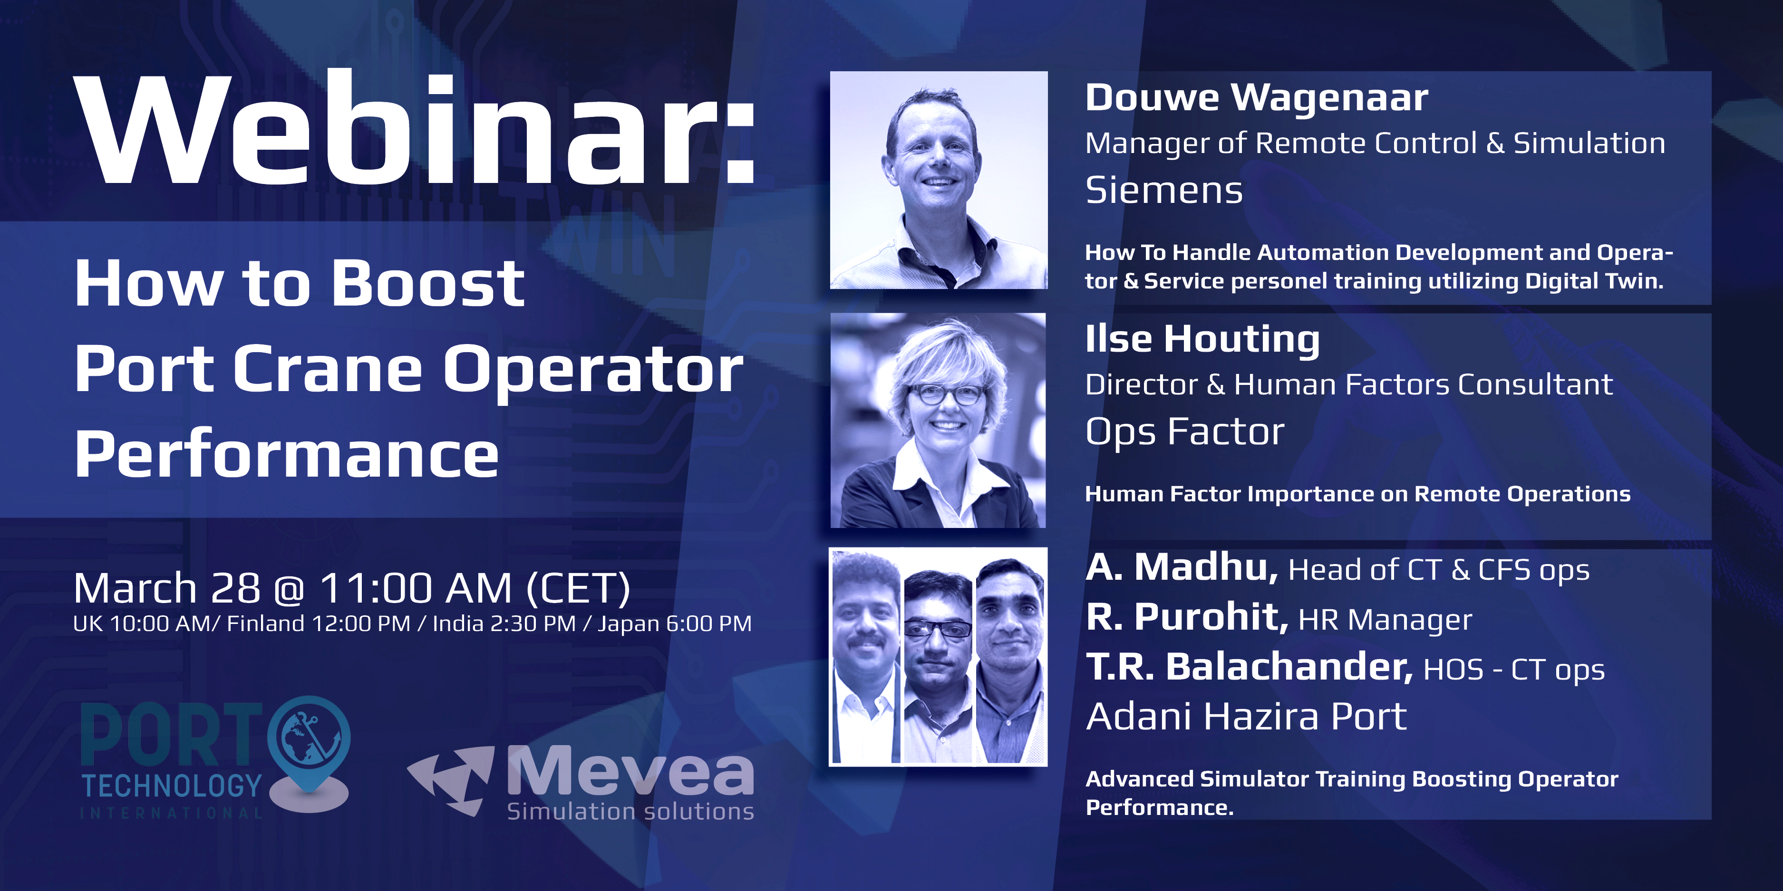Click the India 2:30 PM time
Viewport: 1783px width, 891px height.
pos(504,623)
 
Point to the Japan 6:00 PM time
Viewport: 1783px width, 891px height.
pos(675,623)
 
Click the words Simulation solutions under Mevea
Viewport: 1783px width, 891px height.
pos(630,811)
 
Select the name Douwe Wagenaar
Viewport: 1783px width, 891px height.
pos(1256,97)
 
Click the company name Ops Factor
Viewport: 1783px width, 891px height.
pos(1184,431)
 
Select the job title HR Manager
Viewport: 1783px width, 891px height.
pos(1385,619)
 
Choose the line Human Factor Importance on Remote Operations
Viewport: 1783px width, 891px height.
pos(1358,494)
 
